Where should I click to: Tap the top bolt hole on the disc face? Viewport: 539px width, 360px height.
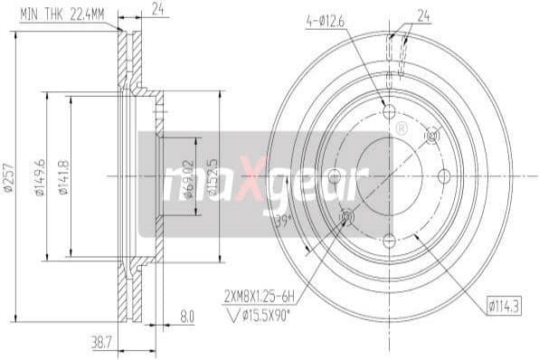[390, 111]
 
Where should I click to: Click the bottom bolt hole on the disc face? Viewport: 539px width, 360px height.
[390, 241]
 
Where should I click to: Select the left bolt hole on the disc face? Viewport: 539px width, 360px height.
[334, 175]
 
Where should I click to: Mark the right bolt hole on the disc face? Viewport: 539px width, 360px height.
[445, 175]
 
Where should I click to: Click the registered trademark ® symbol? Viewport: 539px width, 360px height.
[400, 128]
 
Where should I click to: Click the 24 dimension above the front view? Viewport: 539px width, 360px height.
[422, 14]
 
